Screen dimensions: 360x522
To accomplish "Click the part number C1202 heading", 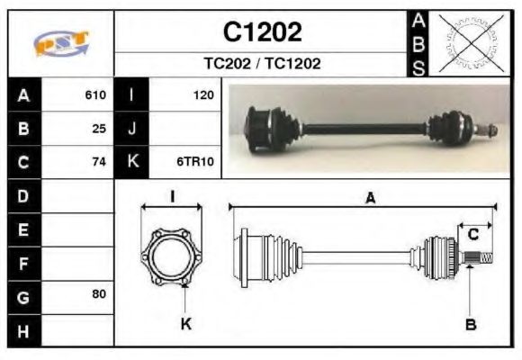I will [262, 32].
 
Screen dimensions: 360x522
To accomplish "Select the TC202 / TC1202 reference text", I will [262, 64].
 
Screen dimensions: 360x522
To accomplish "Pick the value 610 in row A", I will [95, 94].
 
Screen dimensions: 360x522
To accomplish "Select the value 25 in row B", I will [99, 128].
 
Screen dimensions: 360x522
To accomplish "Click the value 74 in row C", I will [99, 162].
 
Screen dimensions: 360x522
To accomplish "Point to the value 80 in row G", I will [99, 294].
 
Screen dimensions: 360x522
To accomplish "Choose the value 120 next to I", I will [202, 94].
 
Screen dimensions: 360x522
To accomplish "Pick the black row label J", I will [132, 128].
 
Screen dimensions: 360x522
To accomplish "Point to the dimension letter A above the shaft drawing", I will [369, 199].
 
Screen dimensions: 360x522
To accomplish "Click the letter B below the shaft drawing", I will [470, 324].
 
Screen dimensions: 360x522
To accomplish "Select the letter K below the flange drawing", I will [185, 324].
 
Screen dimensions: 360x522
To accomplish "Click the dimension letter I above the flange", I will [171, 196].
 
